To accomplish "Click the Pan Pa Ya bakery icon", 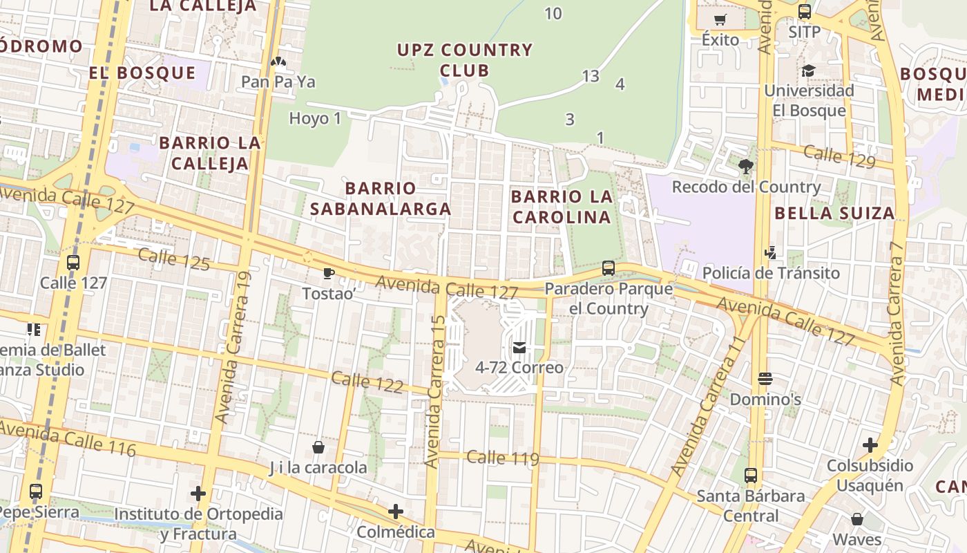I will coord(278,64).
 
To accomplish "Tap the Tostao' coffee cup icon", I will coord(329,274).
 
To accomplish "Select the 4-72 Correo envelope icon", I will coord(519,348).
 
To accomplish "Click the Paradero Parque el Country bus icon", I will coord(609,268).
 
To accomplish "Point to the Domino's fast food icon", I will coord(765,379).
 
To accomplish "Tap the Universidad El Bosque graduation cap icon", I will coord(808,71).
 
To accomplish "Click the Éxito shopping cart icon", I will coord(720,20).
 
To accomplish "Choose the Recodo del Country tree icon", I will coord(745,167).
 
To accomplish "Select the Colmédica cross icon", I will coord(396,512).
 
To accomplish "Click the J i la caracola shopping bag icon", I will coord(318,447).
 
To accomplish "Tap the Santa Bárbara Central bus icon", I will coord(751,476).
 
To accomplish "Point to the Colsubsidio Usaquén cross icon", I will coord(870,445).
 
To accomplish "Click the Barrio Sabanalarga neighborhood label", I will coord(381,198).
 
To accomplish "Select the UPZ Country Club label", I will coord(465,60).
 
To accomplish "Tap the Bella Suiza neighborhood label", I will coord(834,213).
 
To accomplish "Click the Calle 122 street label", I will coord(367,382).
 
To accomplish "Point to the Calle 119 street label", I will coord(502,458).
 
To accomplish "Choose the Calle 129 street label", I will coord(839,156).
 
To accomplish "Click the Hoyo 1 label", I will coord(315,118).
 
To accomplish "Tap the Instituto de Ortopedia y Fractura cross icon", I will coord(198,494).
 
